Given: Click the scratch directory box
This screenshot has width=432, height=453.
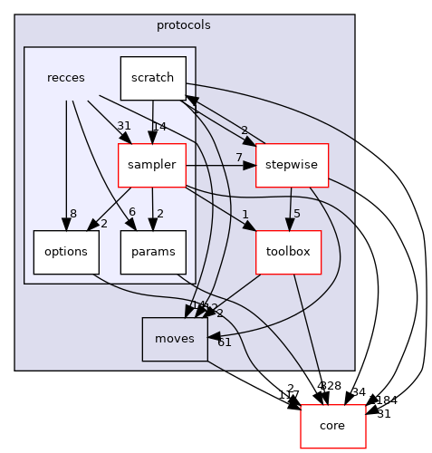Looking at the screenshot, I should [x=153, y=78].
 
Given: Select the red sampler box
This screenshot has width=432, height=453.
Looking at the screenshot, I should [x=151, y=166].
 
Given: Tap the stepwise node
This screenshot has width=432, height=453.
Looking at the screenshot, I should [x=292, y=166].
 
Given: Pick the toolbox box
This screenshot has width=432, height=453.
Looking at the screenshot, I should [x=289, y=253].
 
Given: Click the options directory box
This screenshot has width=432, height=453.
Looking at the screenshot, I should [x=66, y=253].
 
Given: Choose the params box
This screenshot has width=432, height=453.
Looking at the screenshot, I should [x=153, y=253].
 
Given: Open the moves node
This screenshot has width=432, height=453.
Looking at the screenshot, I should [x=174, y=340].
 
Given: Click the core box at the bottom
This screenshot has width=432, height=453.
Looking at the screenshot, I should [x=332, y=426].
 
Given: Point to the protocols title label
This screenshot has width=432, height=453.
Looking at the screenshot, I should [x=184, y=25].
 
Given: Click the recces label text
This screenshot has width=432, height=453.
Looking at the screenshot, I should [x=66, y=78].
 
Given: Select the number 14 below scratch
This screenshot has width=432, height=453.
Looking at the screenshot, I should [x=159, y=126].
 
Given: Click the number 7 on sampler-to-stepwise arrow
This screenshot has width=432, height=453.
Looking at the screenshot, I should [x=238, y=159].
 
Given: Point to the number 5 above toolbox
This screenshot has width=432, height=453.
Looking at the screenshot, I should [x=297, y=215].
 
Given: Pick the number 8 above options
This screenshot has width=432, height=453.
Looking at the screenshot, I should [x=72, y=213].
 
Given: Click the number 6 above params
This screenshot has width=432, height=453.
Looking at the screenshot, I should [x=132, y=212].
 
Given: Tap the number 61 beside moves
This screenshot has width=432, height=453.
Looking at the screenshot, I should [x=225, y=342].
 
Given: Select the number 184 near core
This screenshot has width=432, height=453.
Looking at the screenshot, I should [x=387, y=400].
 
